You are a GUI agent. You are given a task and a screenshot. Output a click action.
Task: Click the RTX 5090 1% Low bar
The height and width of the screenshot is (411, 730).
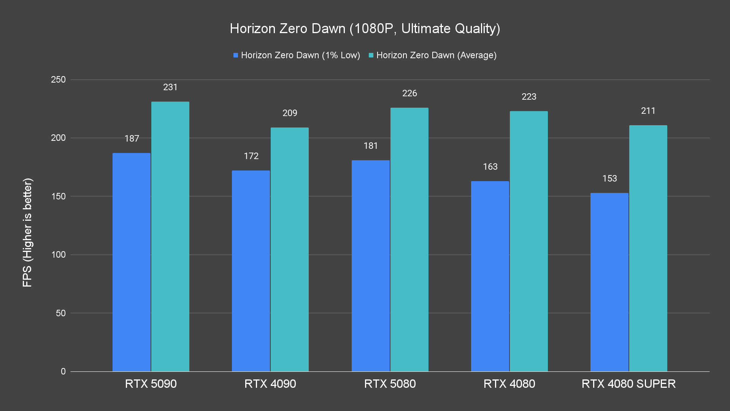(132, 262)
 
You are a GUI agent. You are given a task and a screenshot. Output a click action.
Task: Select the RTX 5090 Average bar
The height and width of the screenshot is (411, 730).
(170, 236)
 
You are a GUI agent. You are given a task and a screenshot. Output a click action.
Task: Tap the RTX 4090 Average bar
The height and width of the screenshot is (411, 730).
(290, 249)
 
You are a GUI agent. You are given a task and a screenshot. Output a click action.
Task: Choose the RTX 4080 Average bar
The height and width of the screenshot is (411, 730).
(529, 241)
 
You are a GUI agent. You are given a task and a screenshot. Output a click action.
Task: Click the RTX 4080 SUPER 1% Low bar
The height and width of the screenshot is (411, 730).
(609, 282)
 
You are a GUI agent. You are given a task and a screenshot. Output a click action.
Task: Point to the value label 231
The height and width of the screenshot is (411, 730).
(170, 87)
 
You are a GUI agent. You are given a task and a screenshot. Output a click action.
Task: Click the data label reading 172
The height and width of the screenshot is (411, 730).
(251, 156)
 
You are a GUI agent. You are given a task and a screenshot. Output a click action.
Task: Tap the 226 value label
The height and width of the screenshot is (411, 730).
(409, 93)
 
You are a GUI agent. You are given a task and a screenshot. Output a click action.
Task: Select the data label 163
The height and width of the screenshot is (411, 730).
(490, 167)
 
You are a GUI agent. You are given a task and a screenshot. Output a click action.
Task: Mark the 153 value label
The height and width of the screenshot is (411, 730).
(609, 178)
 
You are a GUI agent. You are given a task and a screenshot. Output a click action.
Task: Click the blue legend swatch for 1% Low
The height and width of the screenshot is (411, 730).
(236, 56)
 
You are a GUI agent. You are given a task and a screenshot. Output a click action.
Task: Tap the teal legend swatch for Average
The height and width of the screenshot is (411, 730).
(371, 56)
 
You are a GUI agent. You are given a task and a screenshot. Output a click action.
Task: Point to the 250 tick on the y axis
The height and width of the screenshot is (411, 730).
(58, 80)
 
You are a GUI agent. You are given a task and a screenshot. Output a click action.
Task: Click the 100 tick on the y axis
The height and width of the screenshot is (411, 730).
(58, 255)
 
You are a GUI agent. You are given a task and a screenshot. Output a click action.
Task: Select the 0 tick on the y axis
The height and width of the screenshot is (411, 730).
(63, 371)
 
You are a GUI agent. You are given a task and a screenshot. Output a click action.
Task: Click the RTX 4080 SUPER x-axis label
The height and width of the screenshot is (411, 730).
(628, 384)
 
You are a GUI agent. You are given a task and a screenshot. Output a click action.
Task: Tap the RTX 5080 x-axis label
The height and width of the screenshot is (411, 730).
(390, 384)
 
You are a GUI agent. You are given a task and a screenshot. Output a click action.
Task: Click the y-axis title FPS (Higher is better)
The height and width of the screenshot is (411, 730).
(27, 232)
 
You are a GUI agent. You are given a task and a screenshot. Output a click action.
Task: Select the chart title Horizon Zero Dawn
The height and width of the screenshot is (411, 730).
(365, 29)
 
